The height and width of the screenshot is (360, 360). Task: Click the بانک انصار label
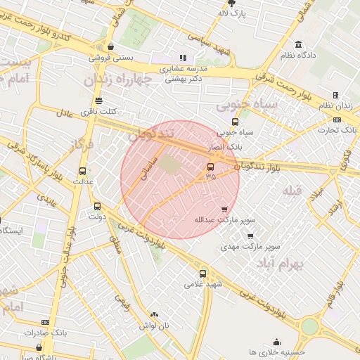pyautogui.click(x=225, y=148)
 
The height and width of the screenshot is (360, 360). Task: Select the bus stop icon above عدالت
pyautogui.click(x=83, y=171)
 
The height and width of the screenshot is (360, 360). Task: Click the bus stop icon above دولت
pyautogui.click(x=97, y=207)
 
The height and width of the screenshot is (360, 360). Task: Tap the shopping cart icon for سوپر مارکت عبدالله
pyautogui.click(x=224, y=210)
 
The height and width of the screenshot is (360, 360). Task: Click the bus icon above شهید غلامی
pyautogui.click(x=203, y=274)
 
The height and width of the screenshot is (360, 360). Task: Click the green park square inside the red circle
pyautogui.click(x=168, y=164)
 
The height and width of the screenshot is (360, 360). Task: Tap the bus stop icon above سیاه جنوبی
pyautogui.click(x=235, y=121)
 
